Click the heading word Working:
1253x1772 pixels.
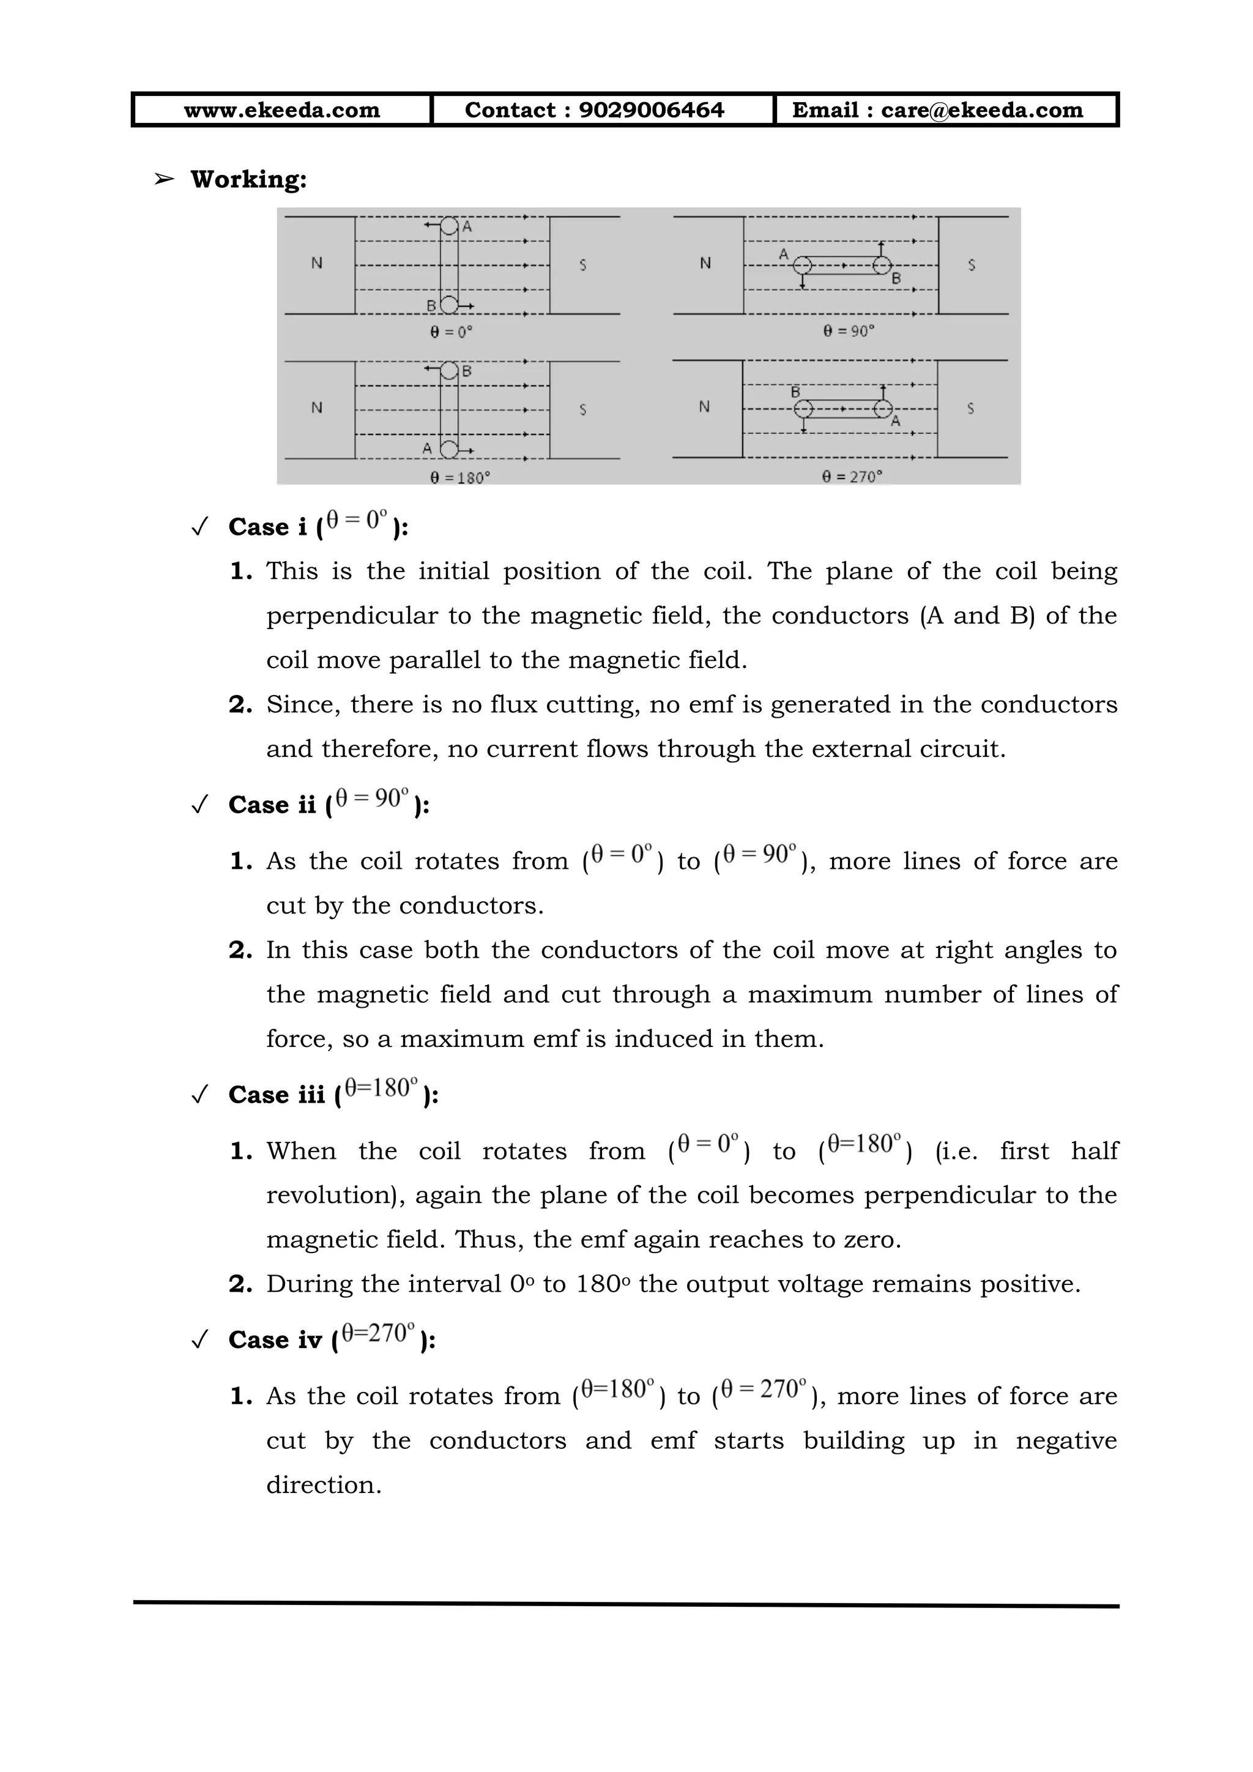(x=248, y=179)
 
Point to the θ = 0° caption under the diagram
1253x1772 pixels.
(x=452, y=332)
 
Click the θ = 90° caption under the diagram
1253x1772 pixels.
(x=849, y=331)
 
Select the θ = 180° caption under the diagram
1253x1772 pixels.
(x=460, y=478)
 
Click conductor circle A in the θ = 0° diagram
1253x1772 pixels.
(x=449, y=226)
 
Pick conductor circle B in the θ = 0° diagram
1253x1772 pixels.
(x=449, y=305)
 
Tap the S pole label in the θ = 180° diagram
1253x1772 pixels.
(x=582, y=410)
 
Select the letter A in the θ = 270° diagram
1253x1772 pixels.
(x=896, y=422)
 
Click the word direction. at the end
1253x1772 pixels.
(x=324, y=1485)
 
